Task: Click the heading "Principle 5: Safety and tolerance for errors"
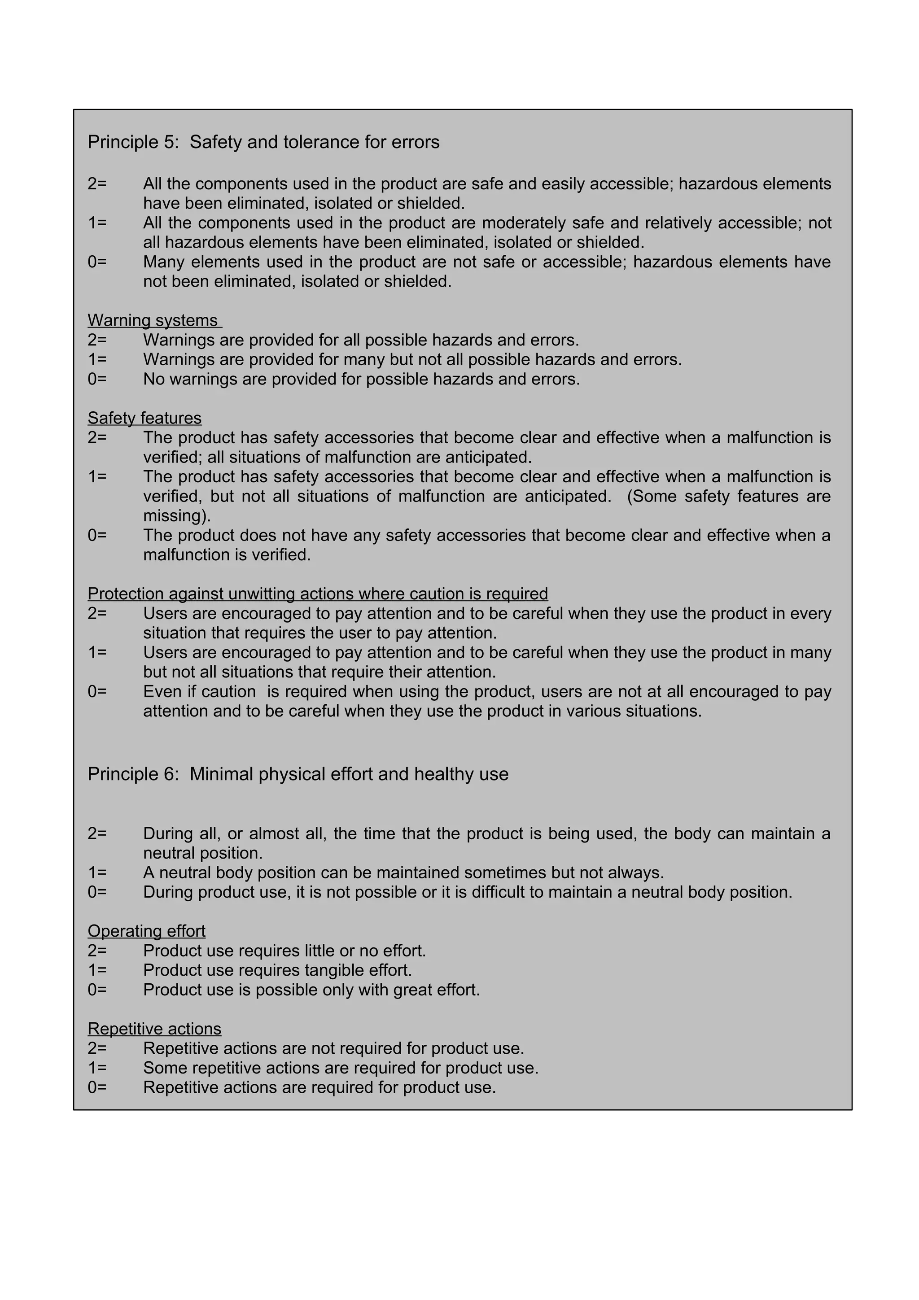point(263,142)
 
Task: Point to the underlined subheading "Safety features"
point(144,418)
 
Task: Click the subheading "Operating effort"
point(146,931)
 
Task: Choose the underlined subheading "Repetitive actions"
point(154,1028)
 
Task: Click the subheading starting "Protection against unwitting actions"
point(318,593)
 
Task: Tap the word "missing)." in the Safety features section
point(177,516)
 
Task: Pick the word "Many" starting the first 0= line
point(164,262)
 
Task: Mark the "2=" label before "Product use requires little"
point(97,951)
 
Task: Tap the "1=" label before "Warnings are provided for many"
point(97,359)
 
